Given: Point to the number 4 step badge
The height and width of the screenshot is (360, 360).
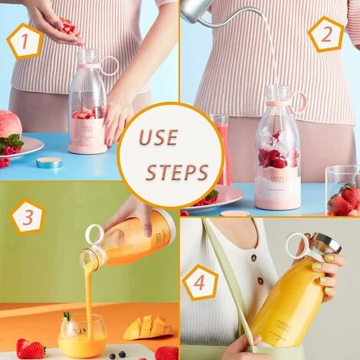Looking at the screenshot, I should (x=201, y=283).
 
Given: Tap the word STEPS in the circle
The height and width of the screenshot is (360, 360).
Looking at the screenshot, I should (x=177, y=171).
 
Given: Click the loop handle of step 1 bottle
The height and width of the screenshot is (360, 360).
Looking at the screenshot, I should (x=110, y=65).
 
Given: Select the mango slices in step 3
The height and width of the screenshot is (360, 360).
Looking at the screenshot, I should (x=147, y=327).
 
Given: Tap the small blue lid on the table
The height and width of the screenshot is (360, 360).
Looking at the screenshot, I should (x=49, y=162).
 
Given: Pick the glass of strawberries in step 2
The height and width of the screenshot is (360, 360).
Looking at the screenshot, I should (x=342, y=192).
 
